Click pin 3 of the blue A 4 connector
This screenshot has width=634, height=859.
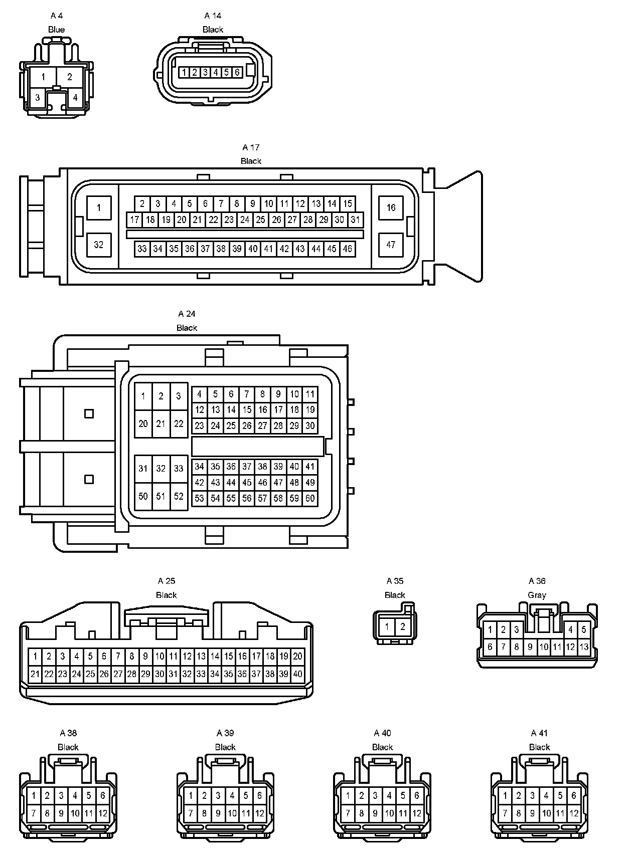(37, 98)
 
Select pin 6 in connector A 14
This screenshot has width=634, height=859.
(237, 72)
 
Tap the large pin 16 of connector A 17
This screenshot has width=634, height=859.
(391, 207)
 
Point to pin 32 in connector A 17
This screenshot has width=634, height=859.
(99, 245)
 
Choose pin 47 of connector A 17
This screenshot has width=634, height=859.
(391, 245)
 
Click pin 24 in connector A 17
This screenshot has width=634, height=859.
(245, 220)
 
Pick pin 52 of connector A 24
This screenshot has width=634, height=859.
(179, 496)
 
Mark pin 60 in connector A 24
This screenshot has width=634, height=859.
(310, 498)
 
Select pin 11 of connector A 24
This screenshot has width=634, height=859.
(310, 394)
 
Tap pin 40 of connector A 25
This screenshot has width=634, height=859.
(297, 674)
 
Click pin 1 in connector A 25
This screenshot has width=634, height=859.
(35, 656)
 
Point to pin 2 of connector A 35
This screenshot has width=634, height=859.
(402, 626)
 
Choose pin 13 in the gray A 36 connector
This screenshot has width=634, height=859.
(583, 647)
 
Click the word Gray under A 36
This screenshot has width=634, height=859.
(537, 595)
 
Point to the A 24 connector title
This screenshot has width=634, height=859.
(187, 314)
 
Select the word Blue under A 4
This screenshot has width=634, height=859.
(56, 30)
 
